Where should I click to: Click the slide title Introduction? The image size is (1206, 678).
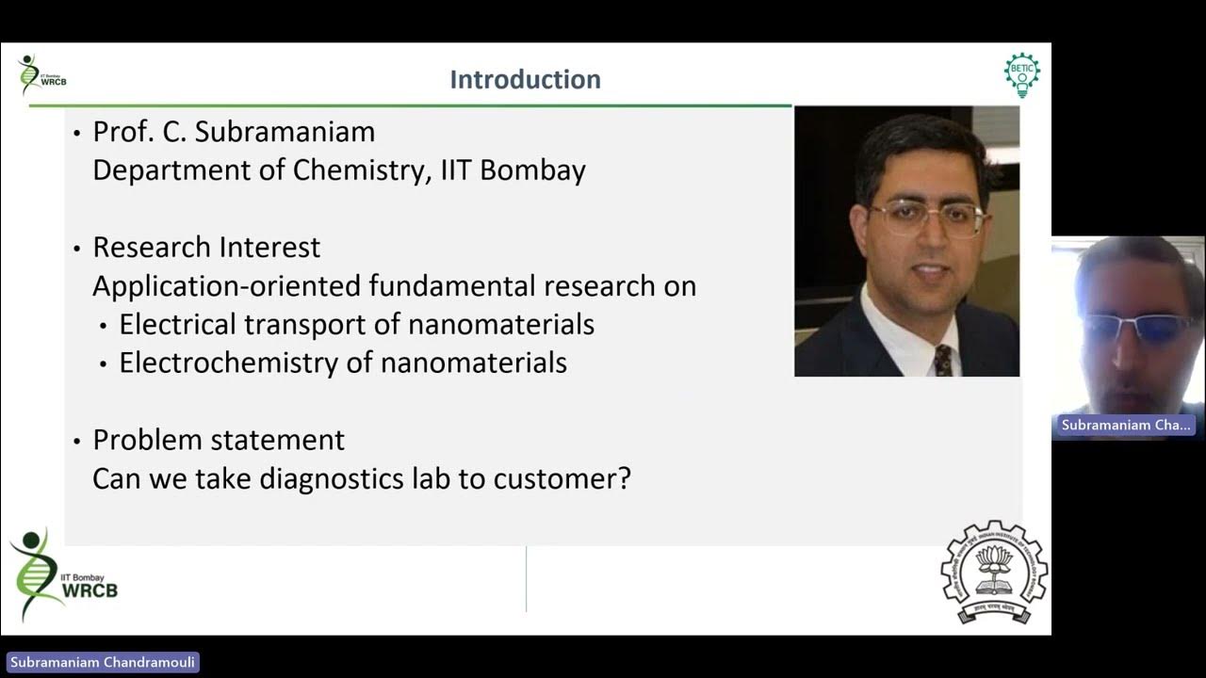(x=525, y=79)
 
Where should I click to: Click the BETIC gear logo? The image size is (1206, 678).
(x=1022, y=75)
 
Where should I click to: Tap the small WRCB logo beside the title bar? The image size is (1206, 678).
(x=41, y=75)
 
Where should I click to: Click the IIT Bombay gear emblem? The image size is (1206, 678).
(x=994, y=573)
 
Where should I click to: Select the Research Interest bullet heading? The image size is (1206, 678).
(x=206, y=248)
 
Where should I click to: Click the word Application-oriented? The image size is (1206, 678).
(x=227, y=286)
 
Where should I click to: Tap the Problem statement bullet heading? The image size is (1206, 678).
(x=219, y=440)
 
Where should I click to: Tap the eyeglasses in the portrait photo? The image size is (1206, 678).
(x=927, y=218)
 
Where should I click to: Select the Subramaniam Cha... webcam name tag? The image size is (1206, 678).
(x=1126, y=425)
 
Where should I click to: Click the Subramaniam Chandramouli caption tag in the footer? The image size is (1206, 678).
(x=102, y=662)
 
